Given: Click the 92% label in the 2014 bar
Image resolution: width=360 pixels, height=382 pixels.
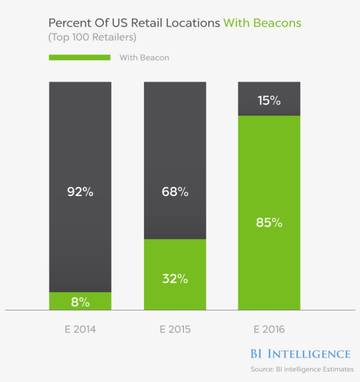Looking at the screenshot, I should [80, 192].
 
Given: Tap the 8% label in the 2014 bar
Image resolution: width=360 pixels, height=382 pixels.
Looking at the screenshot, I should [80, 302].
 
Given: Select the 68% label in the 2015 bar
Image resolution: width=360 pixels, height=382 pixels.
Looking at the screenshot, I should [175, 192].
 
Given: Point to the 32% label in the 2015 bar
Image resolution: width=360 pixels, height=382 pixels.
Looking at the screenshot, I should [175, 278].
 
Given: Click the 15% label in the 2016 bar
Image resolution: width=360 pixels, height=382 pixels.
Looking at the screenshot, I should [269, 100].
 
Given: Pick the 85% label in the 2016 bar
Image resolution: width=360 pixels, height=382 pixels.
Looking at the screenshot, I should [269, 222].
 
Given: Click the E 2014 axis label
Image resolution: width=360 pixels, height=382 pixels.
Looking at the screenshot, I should [80, 329].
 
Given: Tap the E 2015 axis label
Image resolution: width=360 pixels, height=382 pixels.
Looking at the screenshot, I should [175, 329].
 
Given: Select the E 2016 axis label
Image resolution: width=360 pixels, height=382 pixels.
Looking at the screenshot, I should [269, 329].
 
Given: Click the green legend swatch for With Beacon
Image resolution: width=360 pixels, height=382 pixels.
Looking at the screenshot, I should [79, 57].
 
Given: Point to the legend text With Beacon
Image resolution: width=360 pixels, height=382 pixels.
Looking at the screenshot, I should [144, 57].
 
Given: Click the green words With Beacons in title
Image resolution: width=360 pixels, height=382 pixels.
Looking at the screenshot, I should [262, 23].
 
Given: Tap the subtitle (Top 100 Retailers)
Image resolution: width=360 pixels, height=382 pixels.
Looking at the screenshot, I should [92, 38].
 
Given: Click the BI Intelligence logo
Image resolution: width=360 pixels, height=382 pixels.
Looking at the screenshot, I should [300, 354].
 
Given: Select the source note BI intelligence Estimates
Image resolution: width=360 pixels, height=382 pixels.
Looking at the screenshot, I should [302, 369].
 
